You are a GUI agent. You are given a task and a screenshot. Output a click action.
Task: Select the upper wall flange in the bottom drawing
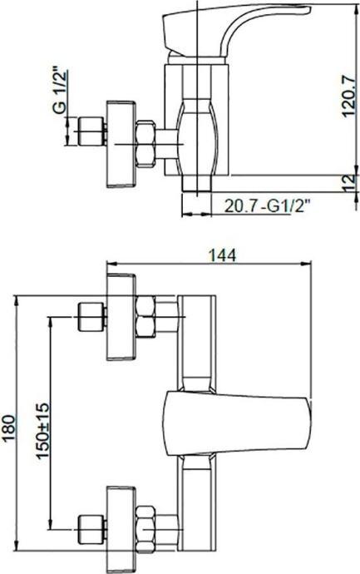click(121, 318)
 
